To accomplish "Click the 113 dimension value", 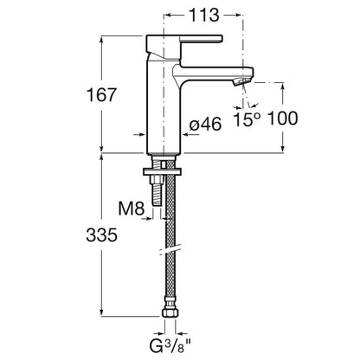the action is pos(204,15).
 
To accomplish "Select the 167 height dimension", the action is pos(101,94).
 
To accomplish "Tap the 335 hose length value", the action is pos(101,235).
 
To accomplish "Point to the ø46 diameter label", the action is pos(205,124).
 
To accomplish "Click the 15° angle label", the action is pos(247,119).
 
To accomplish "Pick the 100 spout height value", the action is pos(282,119).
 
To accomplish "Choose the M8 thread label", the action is pos(132,208).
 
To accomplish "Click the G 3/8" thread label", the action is pos(170,345).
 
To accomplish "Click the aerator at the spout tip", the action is pos(241,81).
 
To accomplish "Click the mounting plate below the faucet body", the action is pos(163,172).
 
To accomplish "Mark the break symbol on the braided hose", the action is pos(170,249).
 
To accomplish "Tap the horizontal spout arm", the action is pos(214,74).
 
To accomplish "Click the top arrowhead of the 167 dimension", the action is pos(101,40).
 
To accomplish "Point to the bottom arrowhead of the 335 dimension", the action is pos(101,312).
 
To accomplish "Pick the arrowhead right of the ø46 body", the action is pos(185,134).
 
